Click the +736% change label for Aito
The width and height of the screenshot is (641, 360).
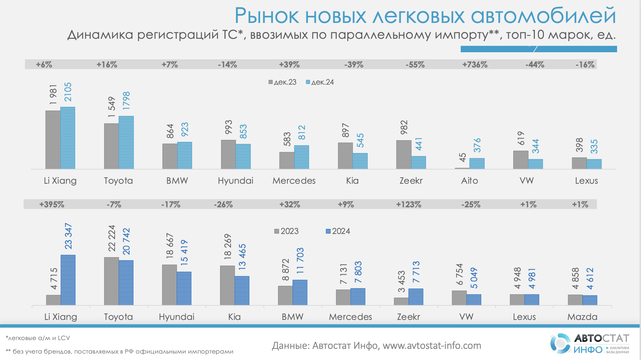[475, 64]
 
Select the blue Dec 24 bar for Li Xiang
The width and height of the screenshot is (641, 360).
[68, 138]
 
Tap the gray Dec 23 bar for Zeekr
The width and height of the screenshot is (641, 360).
[403, 154]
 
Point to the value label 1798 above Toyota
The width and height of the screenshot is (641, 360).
[126, 100]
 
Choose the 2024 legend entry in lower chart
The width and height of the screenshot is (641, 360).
[338, 231]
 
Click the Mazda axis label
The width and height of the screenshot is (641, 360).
[582, 317]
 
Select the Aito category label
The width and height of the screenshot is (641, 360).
[469, 181]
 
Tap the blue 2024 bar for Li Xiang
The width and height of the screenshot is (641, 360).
[68, 280]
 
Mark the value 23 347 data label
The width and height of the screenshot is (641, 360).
[68, 236]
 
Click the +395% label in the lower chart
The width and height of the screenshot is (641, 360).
[52, 204]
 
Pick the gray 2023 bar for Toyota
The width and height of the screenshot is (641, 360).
[111, 281]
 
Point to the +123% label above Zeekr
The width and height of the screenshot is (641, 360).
[408, 204]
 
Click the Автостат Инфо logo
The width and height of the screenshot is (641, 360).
[589, 344]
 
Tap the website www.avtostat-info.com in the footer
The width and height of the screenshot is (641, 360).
[432, 346]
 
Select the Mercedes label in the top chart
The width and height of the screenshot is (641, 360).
[294, 181]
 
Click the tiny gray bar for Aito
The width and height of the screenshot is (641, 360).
[462, 168]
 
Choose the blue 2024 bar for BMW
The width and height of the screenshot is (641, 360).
[300, 292]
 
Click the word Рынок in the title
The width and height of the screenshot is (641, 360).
[267, 16]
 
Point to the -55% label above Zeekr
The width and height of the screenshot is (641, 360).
[415, 64]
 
